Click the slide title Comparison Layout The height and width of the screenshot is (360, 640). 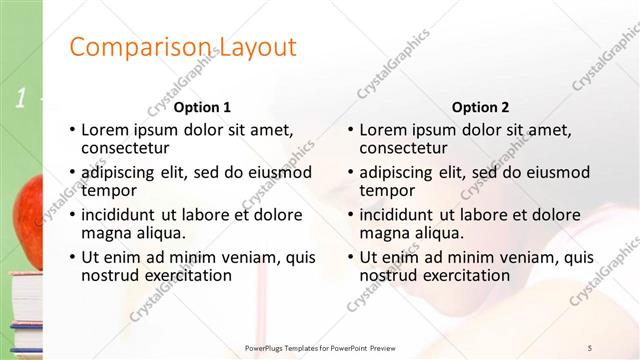coord(183,47)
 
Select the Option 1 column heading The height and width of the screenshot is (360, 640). coord(202,107)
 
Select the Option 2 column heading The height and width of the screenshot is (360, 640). coord(480,107)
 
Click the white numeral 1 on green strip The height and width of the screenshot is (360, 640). coord(19,98)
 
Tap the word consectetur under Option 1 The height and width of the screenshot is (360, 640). coord(126,148)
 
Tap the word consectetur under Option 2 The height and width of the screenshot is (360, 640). coord(404,148)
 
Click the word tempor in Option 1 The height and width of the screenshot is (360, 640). coord(108,190)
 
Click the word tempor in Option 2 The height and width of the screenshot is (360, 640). coord(386,190)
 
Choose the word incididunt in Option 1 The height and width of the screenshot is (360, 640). coord(119,215)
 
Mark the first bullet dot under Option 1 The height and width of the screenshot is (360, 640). coord(72,130)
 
